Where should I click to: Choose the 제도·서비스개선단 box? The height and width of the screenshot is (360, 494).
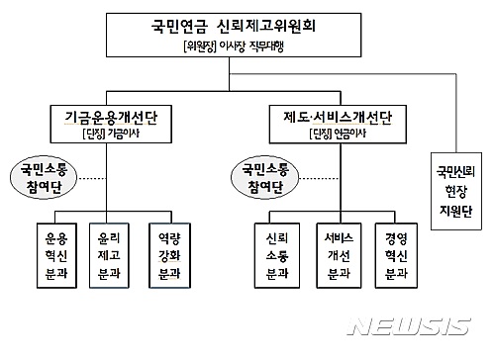330,126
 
